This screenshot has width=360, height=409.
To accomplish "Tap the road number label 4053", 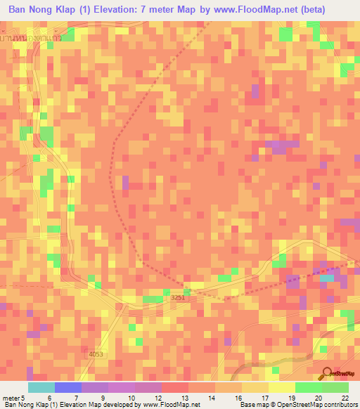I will pos(96,353).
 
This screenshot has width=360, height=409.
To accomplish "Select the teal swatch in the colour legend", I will pos(41,387).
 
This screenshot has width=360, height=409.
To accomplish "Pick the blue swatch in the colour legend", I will pos(67,387).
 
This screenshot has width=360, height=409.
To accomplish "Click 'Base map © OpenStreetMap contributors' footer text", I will pos(297,405).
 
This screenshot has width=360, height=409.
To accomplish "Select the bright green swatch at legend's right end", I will pos(335,387).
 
